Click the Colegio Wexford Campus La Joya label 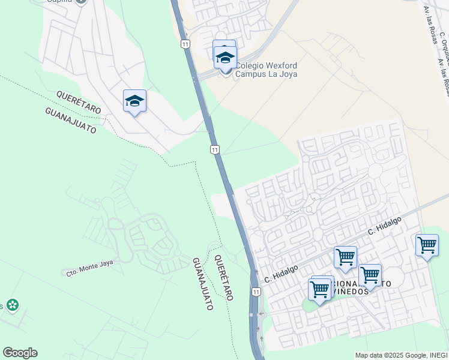pyautogui.click(x=266, y=70)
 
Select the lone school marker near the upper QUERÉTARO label pyautogui.click(x=134, y=101)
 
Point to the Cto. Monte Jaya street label pyautogui.click(x=89, y=267)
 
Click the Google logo pyautogui.click(x=20, y=353)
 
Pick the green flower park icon pyautogui.click(x=11, y=305)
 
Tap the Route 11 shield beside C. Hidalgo pyautogui.click(x=256, y=292)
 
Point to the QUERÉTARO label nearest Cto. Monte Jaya pyautogui.click(x=223, y=277)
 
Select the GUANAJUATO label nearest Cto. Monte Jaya pyautogui.click(x=203, y=284)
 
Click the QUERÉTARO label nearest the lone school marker pyautogui.click(x=79, y=102)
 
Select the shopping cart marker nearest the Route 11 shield pyautogui.click(x=319, y=290)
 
